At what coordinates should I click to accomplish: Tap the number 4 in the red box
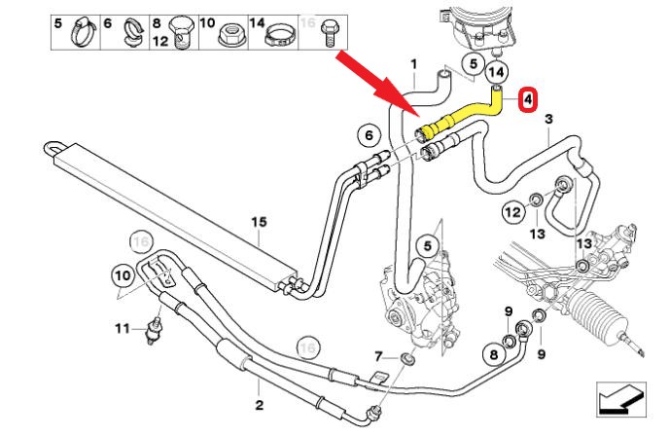[x=527, y=100]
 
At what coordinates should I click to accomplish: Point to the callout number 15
[x=259, y=223]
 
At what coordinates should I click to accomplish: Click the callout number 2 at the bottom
[x=259, y=404]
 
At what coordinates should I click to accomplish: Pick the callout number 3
[x=548, y=119]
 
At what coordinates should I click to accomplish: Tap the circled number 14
[x=496, y=71]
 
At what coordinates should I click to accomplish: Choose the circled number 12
[x=512, y=210]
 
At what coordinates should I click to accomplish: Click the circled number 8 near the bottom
[x=493, y=354]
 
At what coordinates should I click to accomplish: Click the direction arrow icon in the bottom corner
[x=617, y=399]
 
